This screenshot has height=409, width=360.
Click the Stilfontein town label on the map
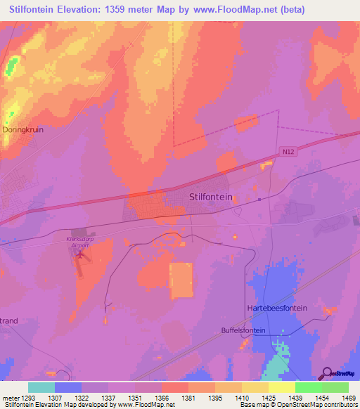point(211,197)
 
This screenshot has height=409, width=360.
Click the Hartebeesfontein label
point(278,309)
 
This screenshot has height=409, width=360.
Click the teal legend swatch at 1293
point(41,387)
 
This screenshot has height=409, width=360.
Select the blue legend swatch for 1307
point(68,387)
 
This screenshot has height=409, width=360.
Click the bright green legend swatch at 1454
point(308,387)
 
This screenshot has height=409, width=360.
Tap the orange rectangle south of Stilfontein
point(181,280)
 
